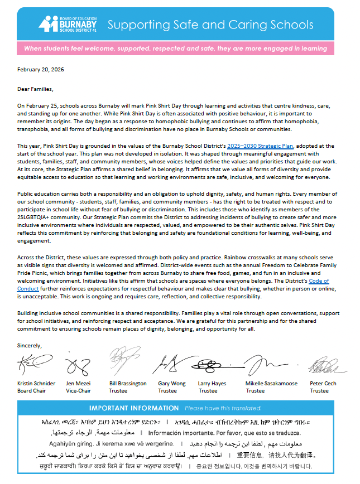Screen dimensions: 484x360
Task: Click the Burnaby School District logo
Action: pyautogui.click(x=68, y=25)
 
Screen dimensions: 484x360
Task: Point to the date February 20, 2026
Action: pyautogui.click(x=40, y=71)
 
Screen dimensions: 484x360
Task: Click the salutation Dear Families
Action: pyautogui.click(x=35, y=88)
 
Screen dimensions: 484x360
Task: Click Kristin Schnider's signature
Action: pyautogui.click(x=35, y=365)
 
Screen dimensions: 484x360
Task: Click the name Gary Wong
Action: pyautogui.click(x=171, y=384)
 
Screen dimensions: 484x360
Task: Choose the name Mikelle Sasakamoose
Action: pyautogui.click(x=271, y=384)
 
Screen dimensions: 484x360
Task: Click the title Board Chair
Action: pyautogui.click(x=32, y=391)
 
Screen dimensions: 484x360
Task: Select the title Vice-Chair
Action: pyautogui.click(x=79, y=391)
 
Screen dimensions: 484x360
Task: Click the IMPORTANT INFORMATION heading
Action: pyautogui.click(x=134, y=408)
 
